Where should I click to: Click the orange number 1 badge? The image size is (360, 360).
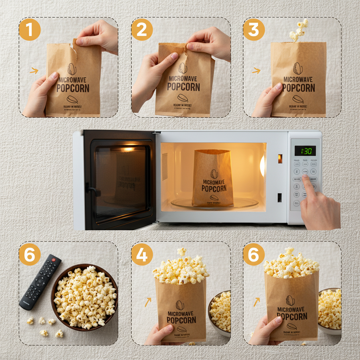pos(30,30)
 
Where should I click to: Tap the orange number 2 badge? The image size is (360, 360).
pos(142,30)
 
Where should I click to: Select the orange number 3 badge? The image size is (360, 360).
pos(254,30)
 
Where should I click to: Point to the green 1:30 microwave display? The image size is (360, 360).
pos(305,151)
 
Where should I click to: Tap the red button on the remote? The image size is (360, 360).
pos(53,260)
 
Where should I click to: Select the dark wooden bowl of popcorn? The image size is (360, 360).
pos(84,297)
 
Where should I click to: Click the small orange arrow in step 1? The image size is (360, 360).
pos(34,71)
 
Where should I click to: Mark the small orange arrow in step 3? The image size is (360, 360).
pos(256,71)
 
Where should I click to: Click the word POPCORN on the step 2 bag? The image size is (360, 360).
pos(183,86)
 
